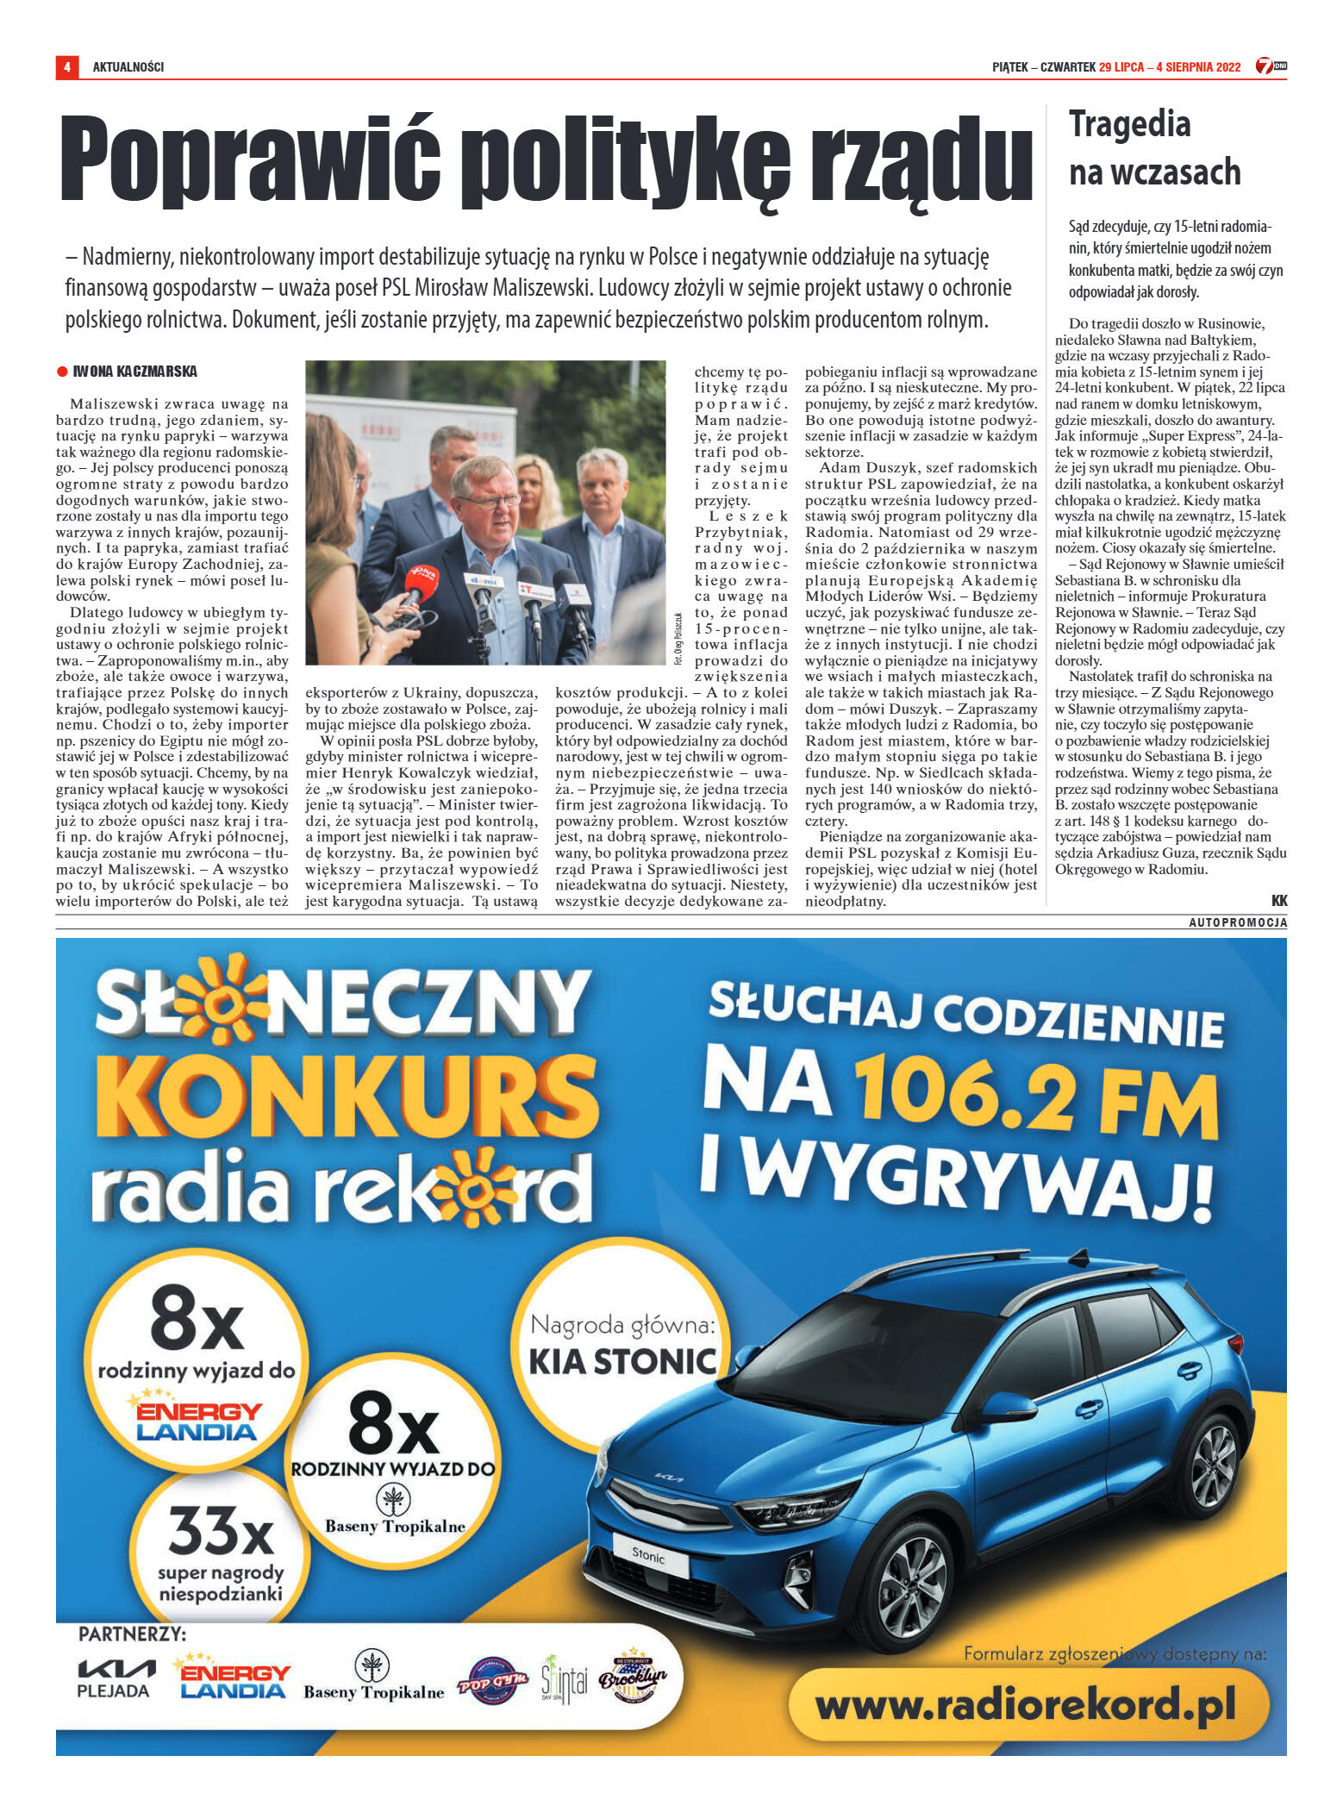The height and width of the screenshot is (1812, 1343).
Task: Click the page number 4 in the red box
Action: (66, 66)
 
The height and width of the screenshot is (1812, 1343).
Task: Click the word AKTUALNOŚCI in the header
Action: (128, 67)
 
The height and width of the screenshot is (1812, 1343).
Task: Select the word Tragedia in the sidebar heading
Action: (1129, 125)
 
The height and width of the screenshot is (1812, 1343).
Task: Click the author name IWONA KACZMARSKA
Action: (134, 372)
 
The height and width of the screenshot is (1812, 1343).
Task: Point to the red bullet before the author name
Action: (62, 372)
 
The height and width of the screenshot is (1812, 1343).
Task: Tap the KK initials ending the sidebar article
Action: (1278, 900)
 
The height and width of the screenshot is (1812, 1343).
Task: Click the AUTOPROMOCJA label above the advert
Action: (1238, 922)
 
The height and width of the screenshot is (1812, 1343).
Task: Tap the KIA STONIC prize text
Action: (622, 1361)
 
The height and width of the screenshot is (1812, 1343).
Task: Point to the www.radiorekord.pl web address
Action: (1026, 1705)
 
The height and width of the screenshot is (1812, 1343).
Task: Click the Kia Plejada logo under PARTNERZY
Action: (116, 1678)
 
